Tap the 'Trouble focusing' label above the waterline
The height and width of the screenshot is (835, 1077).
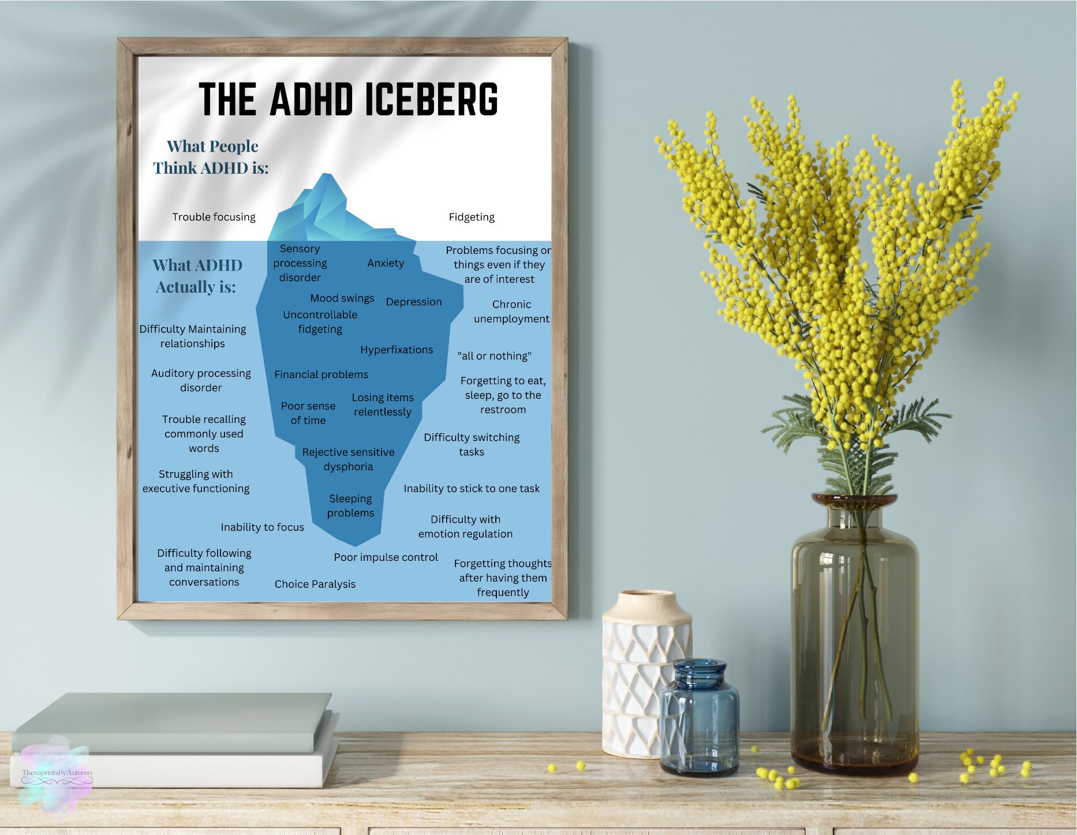(x=214, y=217)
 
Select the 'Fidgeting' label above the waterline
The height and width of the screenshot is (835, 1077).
(x=472, y=217)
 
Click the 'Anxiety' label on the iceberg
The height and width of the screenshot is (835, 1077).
(x=386, y=263)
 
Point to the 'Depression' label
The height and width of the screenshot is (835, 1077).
(x=413, y=302)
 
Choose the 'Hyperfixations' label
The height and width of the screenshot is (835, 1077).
(x=397, y=350)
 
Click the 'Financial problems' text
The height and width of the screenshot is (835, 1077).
(x=321, y=375)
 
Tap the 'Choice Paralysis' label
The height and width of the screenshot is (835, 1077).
(x=315, y=584)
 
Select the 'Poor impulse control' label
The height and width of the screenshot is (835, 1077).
(x=386, y=557)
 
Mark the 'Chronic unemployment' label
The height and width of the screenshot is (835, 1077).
(x=511, y=312)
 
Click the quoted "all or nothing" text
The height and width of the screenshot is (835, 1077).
(x=494, y=356)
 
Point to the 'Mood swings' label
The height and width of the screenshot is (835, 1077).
(x=342, y=298)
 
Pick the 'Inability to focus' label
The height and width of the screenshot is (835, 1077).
(x=262, y=527)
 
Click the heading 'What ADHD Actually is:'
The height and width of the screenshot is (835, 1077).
(x=197, y=276)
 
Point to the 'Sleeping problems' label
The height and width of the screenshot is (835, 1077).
(x=350, y=506)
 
